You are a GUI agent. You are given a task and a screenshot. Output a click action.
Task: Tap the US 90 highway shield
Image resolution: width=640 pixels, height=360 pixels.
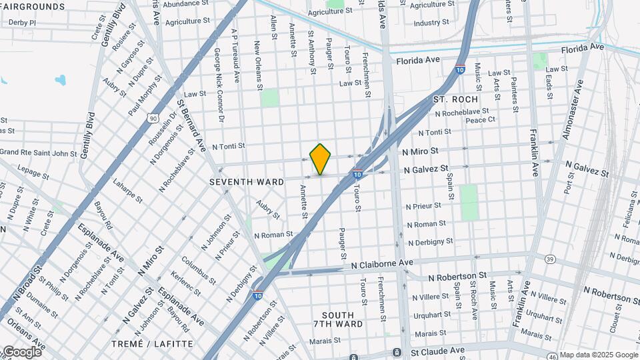[153, 119]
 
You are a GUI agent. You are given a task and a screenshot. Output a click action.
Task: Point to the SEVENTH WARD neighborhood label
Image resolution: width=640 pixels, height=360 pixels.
[247, 181]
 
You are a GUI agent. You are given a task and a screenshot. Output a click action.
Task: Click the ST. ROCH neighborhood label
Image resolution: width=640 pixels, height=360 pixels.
[456, 99]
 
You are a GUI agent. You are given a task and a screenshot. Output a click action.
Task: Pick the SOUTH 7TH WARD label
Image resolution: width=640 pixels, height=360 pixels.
[342, 319]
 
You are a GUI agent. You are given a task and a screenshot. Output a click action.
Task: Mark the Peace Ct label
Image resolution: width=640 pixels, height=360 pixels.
[480, 120]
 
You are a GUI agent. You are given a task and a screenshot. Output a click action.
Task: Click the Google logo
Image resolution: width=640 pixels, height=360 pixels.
[21, 351]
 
